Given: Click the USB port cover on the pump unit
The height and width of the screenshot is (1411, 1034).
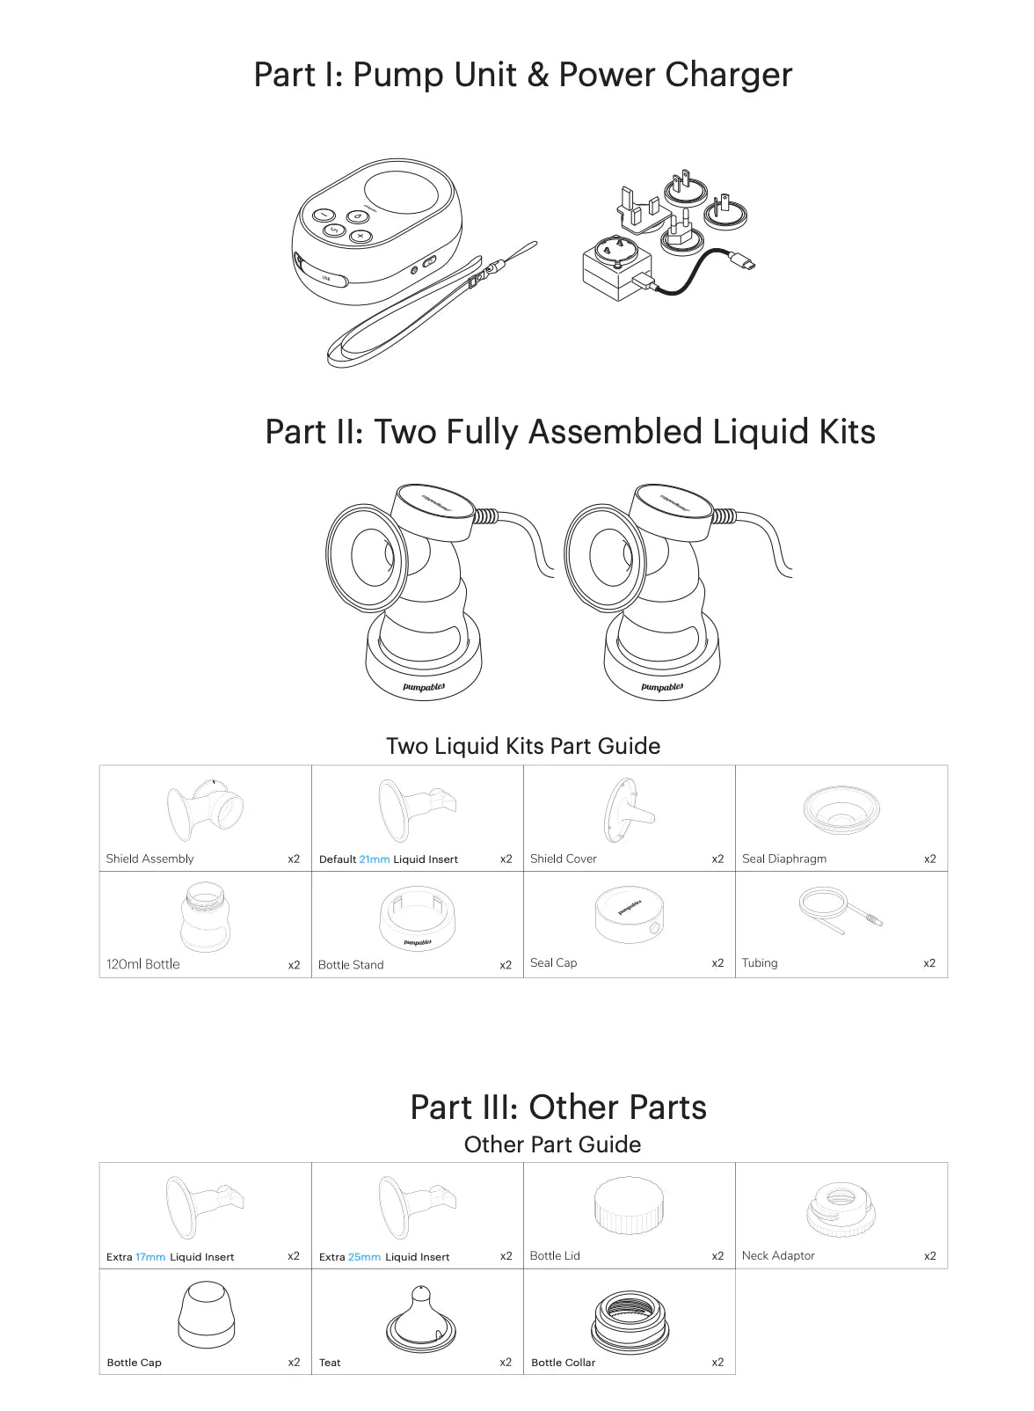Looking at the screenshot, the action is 321,272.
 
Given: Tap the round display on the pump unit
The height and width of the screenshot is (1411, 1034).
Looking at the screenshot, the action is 401,193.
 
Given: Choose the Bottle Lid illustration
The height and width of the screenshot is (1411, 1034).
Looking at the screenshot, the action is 629,1205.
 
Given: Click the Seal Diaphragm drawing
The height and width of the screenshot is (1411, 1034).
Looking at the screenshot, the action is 841,809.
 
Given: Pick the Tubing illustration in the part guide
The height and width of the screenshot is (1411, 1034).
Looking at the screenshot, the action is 840,910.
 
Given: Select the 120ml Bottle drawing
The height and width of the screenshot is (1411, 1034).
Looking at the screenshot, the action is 205,917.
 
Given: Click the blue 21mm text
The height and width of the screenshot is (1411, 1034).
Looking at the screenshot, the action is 374,859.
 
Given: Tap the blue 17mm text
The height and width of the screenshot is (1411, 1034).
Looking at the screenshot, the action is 150,1257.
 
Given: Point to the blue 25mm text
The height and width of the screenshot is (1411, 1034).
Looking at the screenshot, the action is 364,1257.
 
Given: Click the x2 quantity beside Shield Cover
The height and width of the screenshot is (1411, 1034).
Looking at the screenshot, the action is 717,859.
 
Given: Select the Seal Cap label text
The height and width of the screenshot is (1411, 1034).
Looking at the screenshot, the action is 554,962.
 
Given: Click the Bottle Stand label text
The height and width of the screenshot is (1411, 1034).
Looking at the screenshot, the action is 351,964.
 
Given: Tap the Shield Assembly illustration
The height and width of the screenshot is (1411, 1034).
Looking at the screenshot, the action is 205,810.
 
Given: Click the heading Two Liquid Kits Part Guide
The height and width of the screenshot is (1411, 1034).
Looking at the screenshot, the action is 523,746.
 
